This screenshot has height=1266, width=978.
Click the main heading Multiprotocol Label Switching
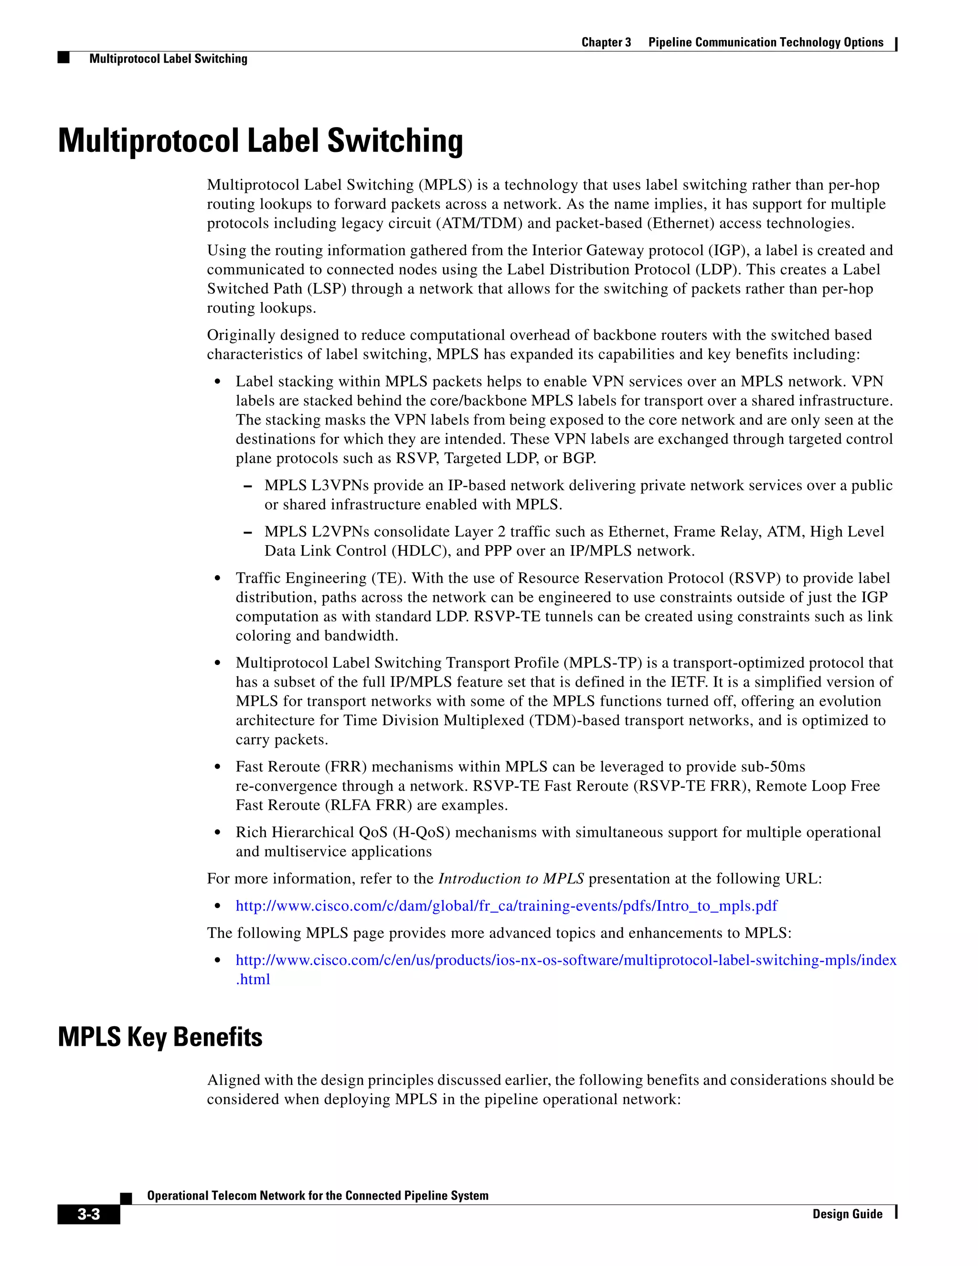point(260,141)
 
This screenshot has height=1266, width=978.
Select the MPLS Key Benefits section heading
point(160,1037)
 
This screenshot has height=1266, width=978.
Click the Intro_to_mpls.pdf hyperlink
point(506,906)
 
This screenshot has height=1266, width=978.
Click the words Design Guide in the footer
point(847,1214)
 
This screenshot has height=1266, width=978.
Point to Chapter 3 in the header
point(606,43)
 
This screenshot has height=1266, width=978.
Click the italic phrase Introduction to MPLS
point(511,879)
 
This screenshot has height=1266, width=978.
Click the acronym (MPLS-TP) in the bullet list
point(603,663)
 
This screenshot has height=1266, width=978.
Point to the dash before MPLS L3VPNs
point(248,486)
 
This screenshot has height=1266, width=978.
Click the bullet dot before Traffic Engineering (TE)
point(217,579)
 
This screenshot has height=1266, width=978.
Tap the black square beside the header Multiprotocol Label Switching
point(64,57)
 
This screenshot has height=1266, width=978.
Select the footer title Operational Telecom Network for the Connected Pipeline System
point(318,1195)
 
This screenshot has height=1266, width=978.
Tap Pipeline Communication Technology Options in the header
point(765,43)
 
